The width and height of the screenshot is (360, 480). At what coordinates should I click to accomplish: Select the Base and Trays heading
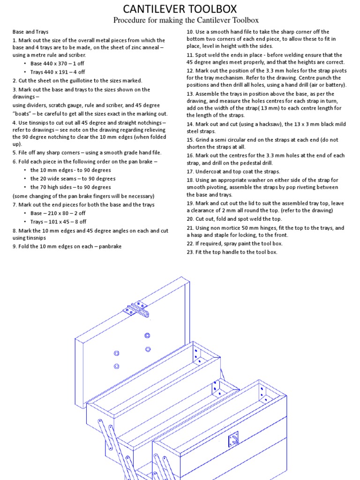click(x=30, y=32)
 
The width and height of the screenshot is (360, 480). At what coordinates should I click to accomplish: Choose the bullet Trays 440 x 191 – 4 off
click(x=58, y=72)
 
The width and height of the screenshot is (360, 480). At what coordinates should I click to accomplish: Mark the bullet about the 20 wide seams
click(x=73, y=179)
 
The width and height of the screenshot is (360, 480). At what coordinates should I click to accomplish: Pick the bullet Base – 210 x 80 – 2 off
click(x=58, y=213)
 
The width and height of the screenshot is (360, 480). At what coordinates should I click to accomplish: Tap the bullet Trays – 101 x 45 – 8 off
click(x=58, y=222)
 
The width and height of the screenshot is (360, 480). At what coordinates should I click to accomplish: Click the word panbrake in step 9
click(x=111, y=247)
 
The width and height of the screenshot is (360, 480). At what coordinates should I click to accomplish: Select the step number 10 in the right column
click(x=190, y=32)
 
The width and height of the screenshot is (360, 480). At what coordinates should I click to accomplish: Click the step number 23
click(x=190, y=252)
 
